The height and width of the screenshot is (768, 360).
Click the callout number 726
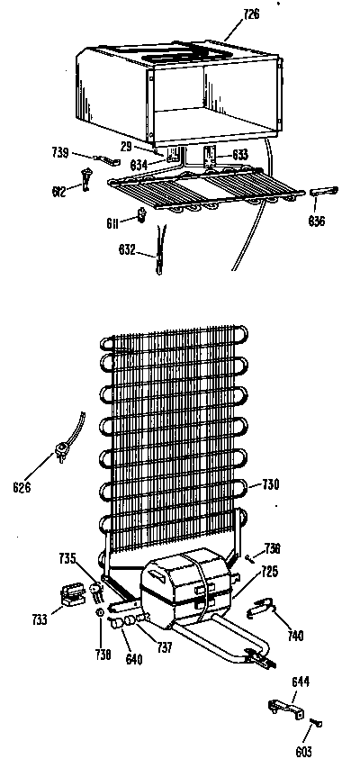[250, 14]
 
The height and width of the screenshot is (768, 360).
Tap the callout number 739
[60, 152]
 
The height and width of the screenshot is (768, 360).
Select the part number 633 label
[240, 155]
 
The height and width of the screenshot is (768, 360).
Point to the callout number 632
[126, 249]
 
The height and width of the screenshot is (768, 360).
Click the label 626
[22, 487]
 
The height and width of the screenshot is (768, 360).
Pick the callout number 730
[270, 484]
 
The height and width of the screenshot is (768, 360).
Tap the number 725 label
[269, 571]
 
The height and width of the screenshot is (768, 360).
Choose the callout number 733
[40, 619]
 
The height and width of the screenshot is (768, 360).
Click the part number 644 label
[301, 682]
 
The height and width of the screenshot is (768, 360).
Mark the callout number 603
[303, 750]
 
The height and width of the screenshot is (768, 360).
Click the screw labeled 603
[316, 722]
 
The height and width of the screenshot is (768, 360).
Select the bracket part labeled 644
[286, 708]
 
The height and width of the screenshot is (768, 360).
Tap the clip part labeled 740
[262, 609]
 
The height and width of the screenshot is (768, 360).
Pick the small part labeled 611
[142, 214]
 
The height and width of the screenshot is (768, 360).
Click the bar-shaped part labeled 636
[323, 192]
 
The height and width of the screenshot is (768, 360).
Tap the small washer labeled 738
[100, 612]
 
